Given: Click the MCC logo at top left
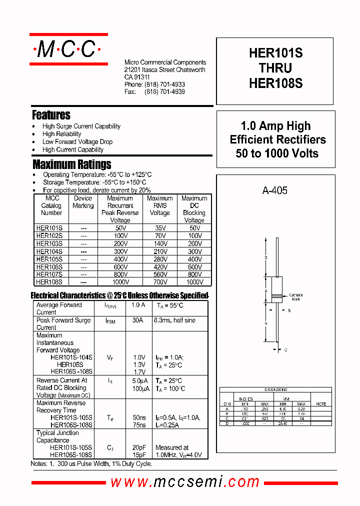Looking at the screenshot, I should click(x=68, y=49).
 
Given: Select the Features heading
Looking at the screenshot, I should click(x=51, y=115).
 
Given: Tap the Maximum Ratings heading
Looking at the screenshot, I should click(x=72, y=164).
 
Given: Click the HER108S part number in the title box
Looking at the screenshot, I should click(x=275, y=83).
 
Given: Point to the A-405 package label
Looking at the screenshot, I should click(x=274, y=190).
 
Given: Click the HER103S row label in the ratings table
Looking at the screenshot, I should click(x=49, y=243).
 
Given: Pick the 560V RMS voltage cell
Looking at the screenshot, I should click(x=160, y=274).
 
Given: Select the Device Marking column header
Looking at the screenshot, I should click(x=83, y=202).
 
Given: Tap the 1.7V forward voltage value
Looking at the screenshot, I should click(x=139, y=372).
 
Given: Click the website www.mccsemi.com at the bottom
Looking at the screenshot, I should click(x=185, y=481).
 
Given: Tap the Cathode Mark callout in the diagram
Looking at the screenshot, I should click(x=296, y=297).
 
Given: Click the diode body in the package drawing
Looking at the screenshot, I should click(x=275, y=289).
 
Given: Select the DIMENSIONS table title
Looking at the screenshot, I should click(x=275, y=389).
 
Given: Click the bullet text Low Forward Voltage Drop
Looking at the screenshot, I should click(x=77, y=142).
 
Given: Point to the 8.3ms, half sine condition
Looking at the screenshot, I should click(x=174, y=320).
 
